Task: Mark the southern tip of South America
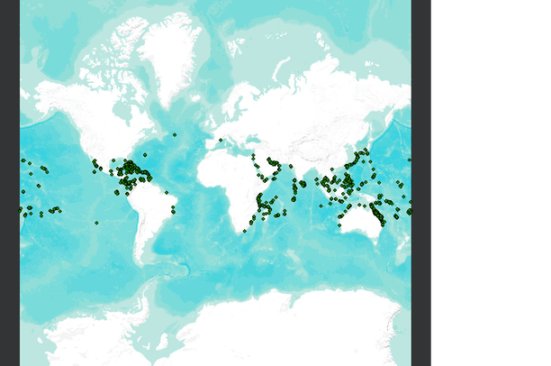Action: coord(144,261)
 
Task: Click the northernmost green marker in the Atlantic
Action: coord(174,134)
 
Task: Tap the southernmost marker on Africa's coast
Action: coord(244,231)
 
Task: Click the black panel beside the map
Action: coord(491,180)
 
